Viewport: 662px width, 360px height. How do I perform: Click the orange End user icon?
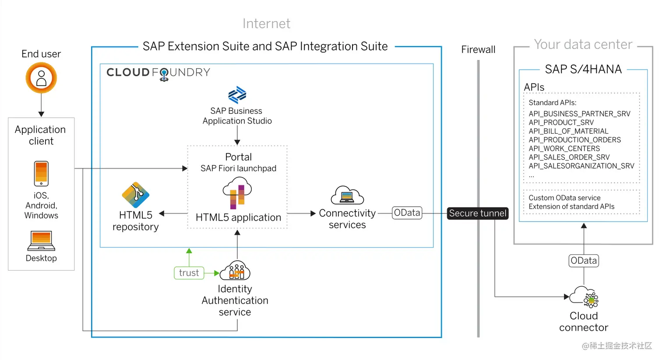click(x=41, y=78)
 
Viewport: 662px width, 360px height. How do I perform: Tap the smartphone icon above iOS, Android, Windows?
click(x=41, y=173)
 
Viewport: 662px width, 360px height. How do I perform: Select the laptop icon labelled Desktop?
click(x=41, y=240)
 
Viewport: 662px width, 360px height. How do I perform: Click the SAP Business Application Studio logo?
click(x=237, y=95)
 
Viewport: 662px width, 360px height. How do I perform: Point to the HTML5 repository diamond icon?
click(x=135, y=195)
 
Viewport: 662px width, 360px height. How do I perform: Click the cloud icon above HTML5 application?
click(x=237, y=193)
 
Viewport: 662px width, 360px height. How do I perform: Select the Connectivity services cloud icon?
click(x=347, y=195)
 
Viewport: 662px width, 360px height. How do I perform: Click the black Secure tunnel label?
click(x=478, y=213)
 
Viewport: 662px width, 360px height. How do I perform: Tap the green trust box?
click(x=189, y=273)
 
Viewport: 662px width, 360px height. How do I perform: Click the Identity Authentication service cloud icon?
click(x=235, y=271)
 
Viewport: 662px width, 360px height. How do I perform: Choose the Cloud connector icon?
click(x=585, y=297)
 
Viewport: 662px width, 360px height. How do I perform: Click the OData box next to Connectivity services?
click(x=407, y=213)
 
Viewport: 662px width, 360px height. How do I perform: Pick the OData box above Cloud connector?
click(x=584, y=261)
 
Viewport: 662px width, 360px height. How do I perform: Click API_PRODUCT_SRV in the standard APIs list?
click(x=561, y=123)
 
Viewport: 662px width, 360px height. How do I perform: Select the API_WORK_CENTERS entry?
click(x=564, y=148)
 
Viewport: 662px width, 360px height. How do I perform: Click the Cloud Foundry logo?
click(x=158, y=73)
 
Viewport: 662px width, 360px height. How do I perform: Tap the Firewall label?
click(x=478, y=49)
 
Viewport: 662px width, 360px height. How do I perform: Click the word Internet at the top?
click(x=266, y=24)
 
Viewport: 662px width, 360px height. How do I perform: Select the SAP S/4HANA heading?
click(x=583, y=69)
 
